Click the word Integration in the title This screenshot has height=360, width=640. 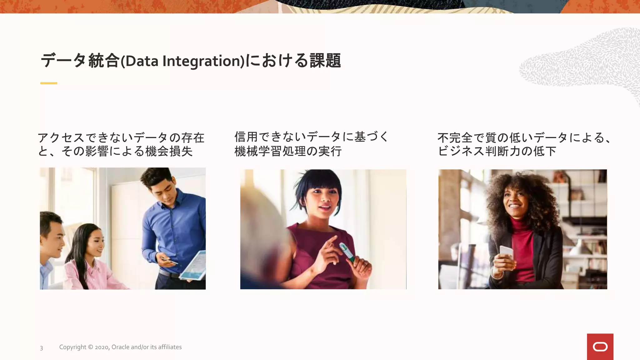pos(203,61)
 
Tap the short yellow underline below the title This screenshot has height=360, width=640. pos(49,83)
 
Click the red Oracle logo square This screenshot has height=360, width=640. pos(600,347)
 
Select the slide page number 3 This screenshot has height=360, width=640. pos(41,348)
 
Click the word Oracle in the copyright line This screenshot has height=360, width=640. pos(120,347)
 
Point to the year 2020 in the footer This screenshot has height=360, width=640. pos(102,347)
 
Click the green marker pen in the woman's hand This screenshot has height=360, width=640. pos(347,252)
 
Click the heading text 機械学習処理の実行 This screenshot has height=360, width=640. pos(288,151)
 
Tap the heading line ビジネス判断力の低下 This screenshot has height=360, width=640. pos(497,151)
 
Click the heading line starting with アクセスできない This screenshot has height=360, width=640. pos(121,137)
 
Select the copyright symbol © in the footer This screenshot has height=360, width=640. pos(90,347)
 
